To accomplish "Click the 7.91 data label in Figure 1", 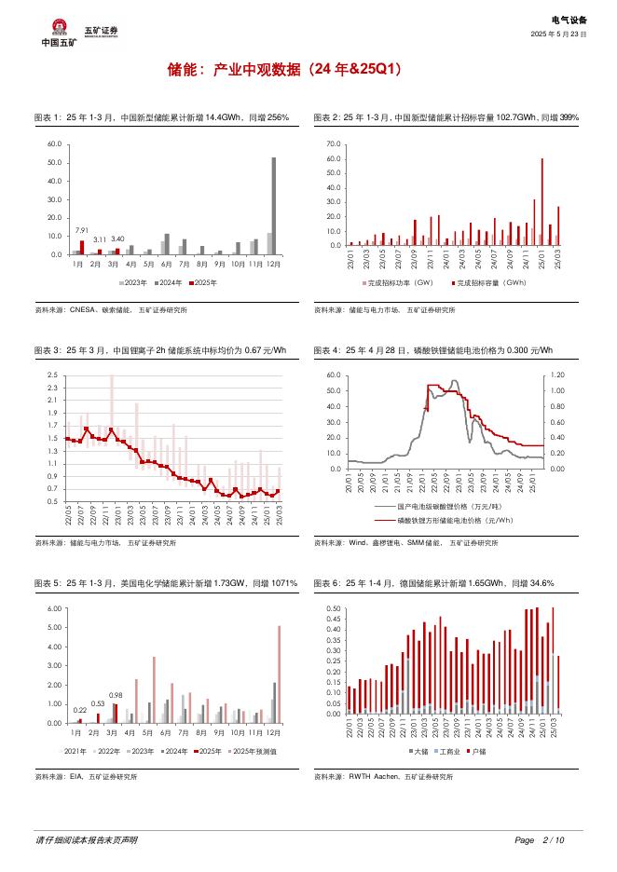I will tap(81, 230).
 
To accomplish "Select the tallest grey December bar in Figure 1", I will tap(274, 205).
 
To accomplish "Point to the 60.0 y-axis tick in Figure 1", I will tap(53, 144).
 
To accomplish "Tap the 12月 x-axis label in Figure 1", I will tap(271, 265).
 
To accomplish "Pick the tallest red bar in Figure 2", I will tap(542, 201).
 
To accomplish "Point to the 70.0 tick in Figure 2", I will tap(334, 146).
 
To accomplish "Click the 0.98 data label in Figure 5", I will tap(117, 695).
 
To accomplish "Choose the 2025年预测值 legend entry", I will tap(253, 750).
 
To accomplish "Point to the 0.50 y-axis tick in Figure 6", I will tap(333, 609).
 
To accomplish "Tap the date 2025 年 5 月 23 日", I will tap(558, 34).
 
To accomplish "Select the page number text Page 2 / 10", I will tap(540, 840).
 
